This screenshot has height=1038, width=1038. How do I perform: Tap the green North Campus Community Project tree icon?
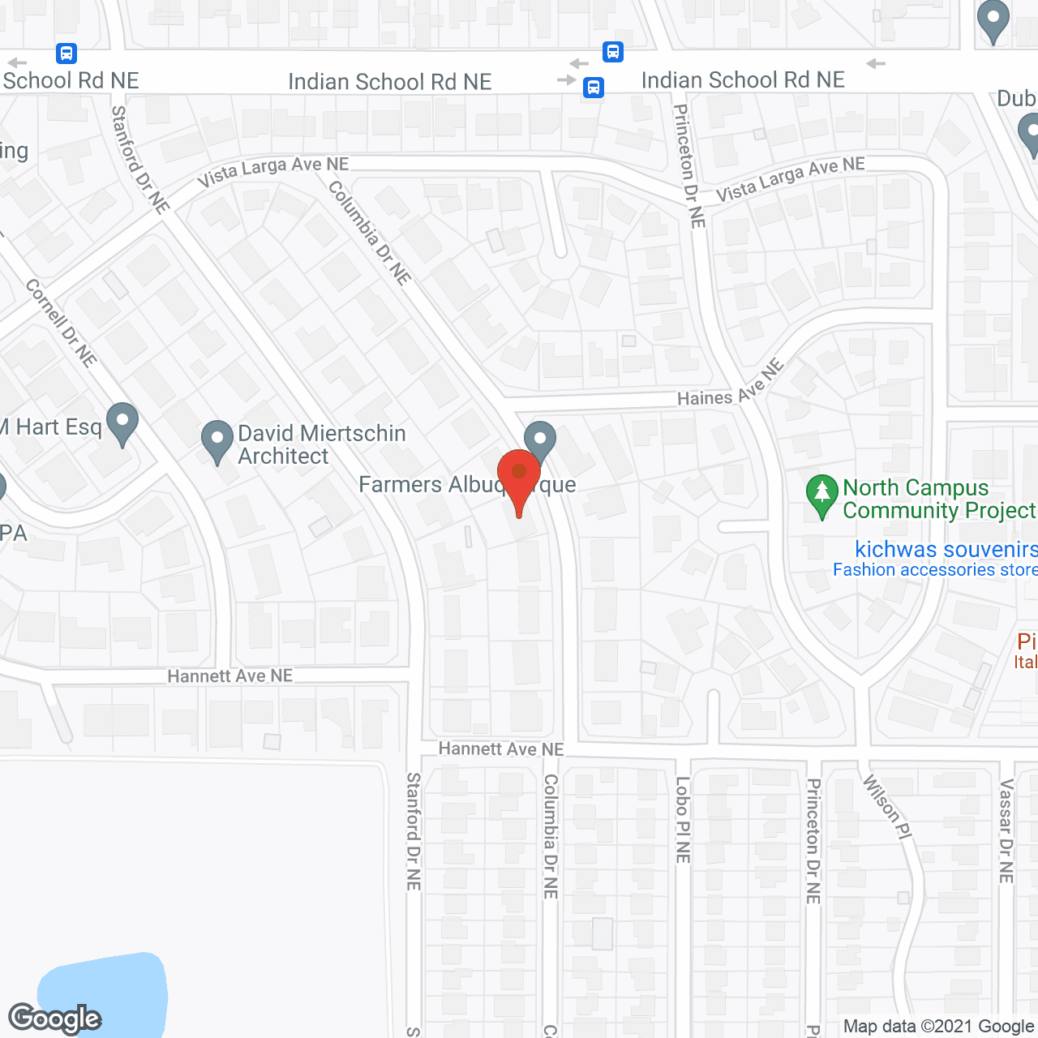[821, 494]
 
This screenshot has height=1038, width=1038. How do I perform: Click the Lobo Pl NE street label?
[683, 819]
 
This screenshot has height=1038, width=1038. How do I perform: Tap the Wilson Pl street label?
[888, 806]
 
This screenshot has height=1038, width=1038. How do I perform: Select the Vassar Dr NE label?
[1006, 830]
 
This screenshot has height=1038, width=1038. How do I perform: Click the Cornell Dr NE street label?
[61, 323]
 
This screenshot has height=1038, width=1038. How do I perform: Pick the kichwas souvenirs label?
[946, 549]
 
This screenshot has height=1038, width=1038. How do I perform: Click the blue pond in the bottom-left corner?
[103, 993]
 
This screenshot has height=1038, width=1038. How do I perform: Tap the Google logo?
[55, 1019]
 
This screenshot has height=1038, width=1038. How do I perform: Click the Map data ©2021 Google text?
[939, 1027]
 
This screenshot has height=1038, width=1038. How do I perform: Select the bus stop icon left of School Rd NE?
[66, 54]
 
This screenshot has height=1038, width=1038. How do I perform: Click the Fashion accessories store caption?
[935, 570]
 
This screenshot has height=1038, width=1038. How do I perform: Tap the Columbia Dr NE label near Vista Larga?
[370, 232]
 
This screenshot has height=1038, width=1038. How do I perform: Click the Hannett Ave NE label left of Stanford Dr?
[229, 676]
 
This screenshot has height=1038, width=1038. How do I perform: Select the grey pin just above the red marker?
[539, 440]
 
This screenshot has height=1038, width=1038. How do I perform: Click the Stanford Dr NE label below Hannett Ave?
[414, 831]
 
